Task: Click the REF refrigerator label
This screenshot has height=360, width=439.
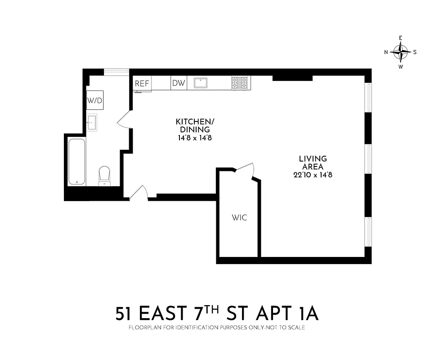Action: coord(142,83)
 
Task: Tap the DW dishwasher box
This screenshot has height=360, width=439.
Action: coord(179,83)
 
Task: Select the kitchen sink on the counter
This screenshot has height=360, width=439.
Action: coord(200,83)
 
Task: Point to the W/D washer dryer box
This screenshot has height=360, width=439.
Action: coord(95,100)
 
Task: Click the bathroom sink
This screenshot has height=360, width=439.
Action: coord(92,122)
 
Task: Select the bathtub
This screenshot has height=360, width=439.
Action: coord(76,162)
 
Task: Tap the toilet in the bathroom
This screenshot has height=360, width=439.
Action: coord(104,175)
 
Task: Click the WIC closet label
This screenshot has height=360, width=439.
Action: coord(239,218)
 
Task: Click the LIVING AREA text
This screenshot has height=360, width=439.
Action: coord(313,162)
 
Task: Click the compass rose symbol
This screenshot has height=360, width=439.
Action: coord(400,52)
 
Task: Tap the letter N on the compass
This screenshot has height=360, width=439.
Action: coord(386,52)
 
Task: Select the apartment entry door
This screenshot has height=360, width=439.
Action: coord(139,193)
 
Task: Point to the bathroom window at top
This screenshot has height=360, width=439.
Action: coord(116,72)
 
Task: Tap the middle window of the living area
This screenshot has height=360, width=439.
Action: coord(368,159)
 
